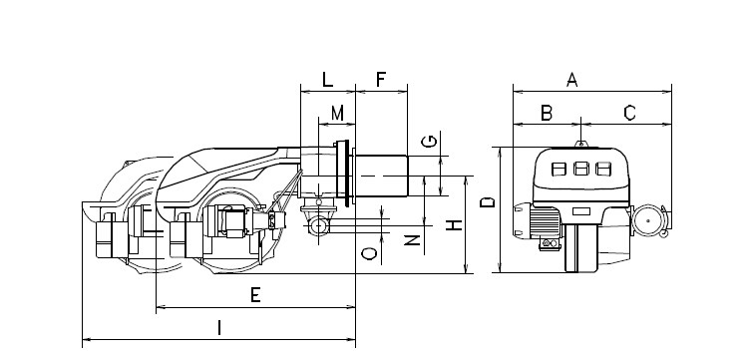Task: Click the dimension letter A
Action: pyautogui.click(x=572, y=80)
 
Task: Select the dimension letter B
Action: pyautogui.click(x=547, y=113)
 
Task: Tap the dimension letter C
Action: pyautogui.click(x=629, y=113)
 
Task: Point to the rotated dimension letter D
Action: pyautogui.click(x=488, y=202)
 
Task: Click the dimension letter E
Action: pyautogui.click(x=255, y=295)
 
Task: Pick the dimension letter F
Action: pyautogui.click(x=381, y=80)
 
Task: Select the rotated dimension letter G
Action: pyautogui.click(x=430, y=142)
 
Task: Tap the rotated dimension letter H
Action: pyautogui.click(x=456, y=224)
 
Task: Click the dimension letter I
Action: pyautogui.click(x=219, y=328)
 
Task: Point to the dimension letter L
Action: pyautogui.click(x=327, y=80)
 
